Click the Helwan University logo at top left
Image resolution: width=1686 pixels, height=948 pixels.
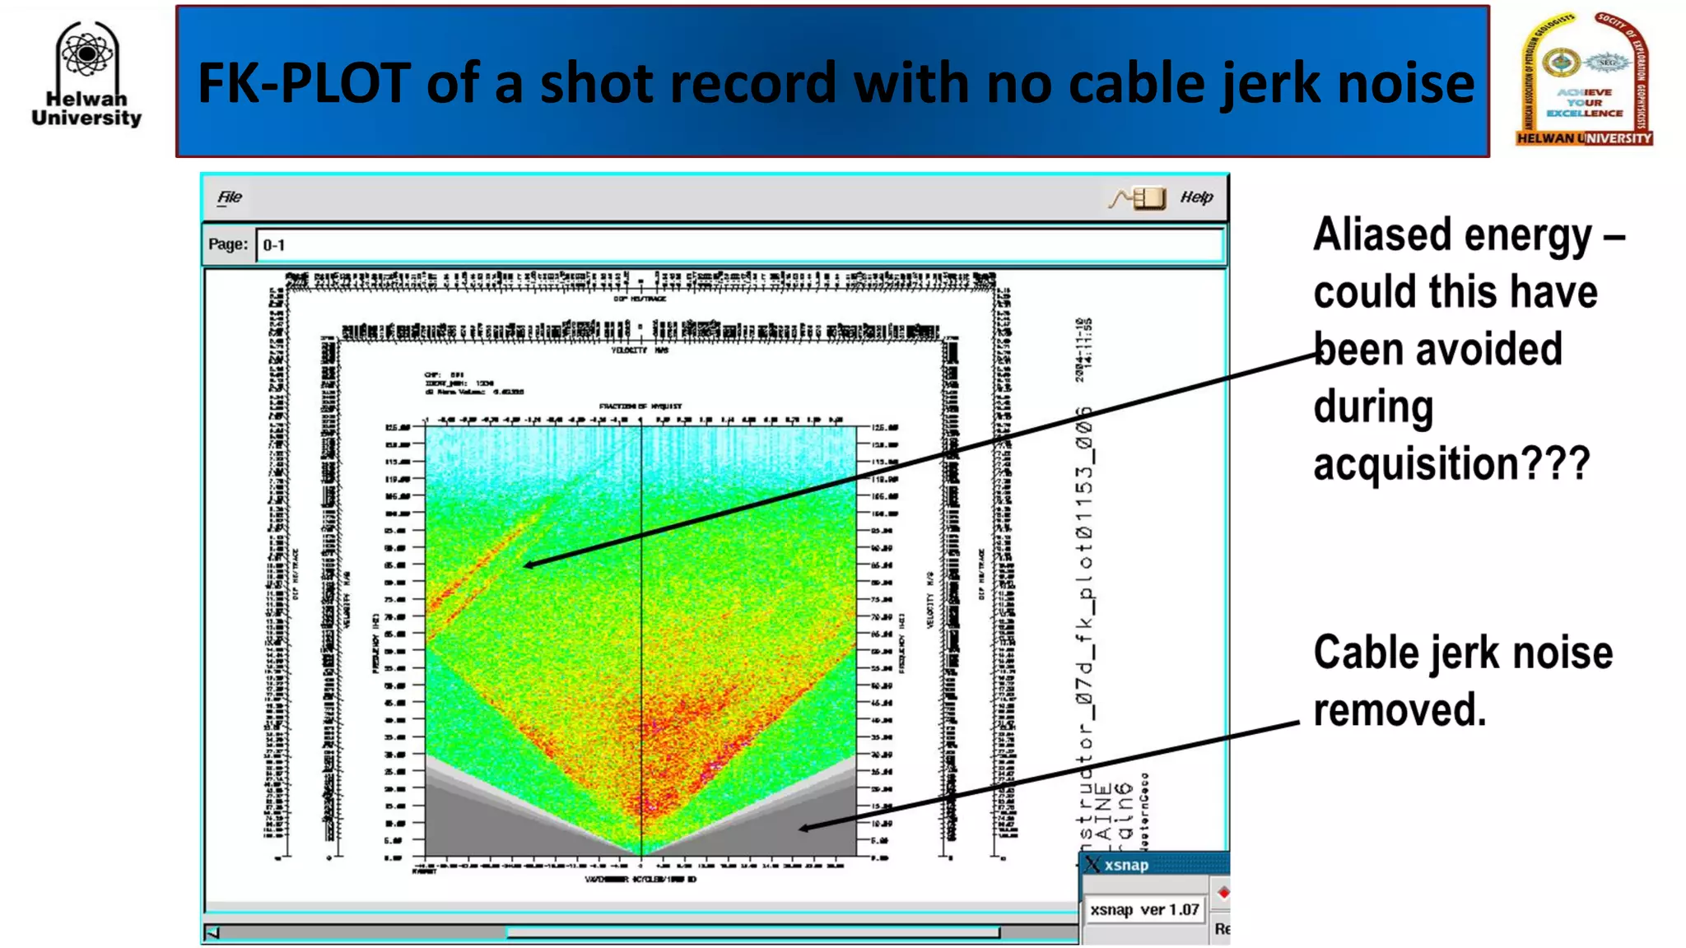86,74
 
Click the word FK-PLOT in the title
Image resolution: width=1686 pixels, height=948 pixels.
304,83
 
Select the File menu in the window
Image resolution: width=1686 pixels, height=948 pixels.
229,197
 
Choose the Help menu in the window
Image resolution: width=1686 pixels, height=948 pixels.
1195,197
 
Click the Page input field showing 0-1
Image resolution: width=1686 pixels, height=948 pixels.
738,245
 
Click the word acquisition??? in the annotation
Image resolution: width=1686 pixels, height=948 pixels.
1451,463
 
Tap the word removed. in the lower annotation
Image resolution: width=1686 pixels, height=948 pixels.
1400,710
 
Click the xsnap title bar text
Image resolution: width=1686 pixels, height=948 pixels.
1125,865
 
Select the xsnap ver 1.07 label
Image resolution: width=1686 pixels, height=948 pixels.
1143,910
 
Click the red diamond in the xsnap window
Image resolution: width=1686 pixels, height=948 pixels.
1223,893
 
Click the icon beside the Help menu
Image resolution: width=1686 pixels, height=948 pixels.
1138,197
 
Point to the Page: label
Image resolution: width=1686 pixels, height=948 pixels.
227,244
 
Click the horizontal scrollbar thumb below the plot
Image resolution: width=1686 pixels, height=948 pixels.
752,932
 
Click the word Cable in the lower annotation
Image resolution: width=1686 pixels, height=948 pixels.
1366,653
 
